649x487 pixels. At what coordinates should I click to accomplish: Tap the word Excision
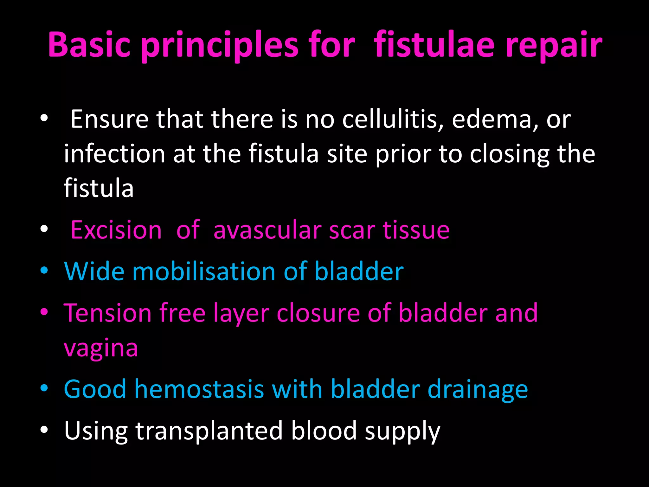click(x=116, y=230)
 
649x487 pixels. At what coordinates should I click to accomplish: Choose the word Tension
click(x=107, y=313)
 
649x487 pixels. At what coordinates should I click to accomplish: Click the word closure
click(x=318, y=313)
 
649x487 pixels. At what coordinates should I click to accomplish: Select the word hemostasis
click(x=199, y=389)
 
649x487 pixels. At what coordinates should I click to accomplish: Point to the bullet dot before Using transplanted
click(x=44, y=430)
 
